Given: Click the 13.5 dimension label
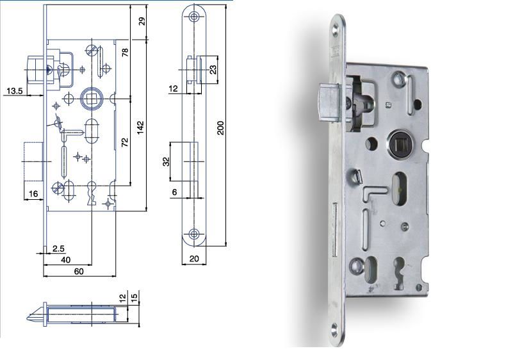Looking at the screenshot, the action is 14,90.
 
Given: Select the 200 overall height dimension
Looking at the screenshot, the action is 220,127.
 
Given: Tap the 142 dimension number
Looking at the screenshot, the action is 140,127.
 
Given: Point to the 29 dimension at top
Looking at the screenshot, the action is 142,21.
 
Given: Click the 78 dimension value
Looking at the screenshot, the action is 125,53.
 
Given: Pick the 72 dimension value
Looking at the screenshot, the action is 124,142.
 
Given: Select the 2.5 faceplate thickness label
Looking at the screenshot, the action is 58,249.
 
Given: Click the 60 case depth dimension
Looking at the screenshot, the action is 79,272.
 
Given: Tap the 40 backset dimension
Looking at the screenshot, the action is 65,259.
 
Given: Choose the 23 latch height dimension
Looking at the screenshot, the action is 213,69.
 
